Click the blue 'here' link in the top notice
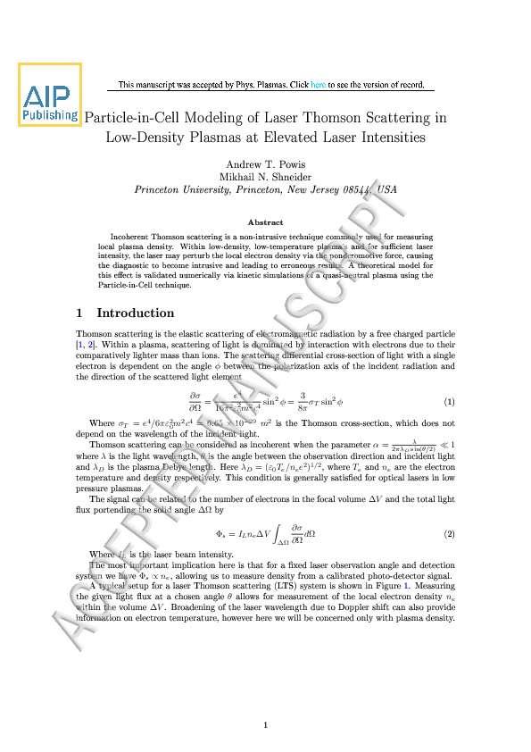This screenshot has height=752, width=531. coord(319,86)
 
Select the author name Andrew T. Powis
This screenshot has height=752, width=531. coord(265,163)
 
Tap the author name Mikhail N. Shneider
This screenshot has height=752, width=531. coord(265,177)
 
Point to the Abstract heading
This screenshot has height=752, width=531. coord(265,222)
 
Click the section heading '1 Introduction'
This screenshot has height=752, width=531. coord(126,313)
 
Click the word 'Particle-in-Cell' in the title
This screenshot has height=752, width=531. coord(131,118)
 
